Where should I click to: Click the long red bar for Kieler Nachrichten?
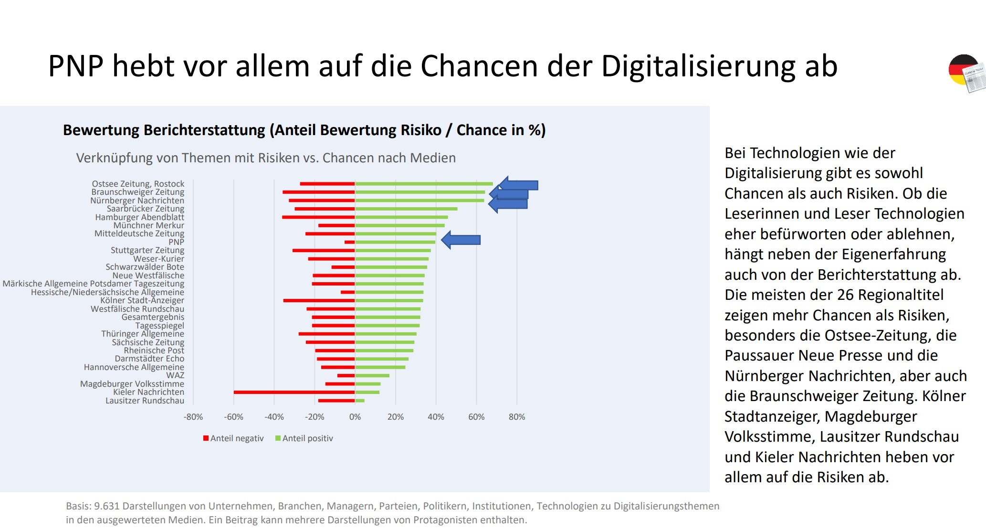pyautogui.click(x=294, y=392)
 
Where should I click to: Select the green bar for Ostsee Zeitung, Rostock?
pyautogui.click(x=424, y=184)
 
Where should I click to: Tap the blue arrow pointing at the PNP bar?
pyautogui.click(x=461, y=240)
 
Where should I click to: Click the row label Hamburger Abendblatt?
pyautogui.click(x=139, y=217)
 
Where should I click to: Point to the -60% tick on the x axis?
pyautogui.click(x=233, y=417)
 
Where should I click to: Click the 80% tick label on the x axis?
pyautogui.click(x=516, y=417)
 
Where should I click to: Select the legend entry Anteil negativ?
pyautogui.click(x=233, y=438)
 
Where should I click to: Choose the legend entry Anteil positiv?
pyautogui.click(x=304, y=438)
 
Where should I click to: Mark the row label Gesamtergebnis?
pyautogui.click(x=153, y=317)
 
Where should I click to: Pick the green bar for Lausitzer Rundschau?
pyautogui.click(x=360, y=401)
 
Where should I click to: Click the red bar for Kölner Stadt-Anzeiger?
pyautogui.click(x=319, y=300)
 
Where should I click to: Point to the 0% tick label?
pyautogui.click(x=355, y=417)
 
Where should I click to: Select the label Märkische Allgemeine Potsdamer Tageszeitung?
pyautogui.click(x=94, y=284)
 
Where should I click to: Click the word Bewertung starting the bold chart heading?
pyautogui.click(x=101, y=130)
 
